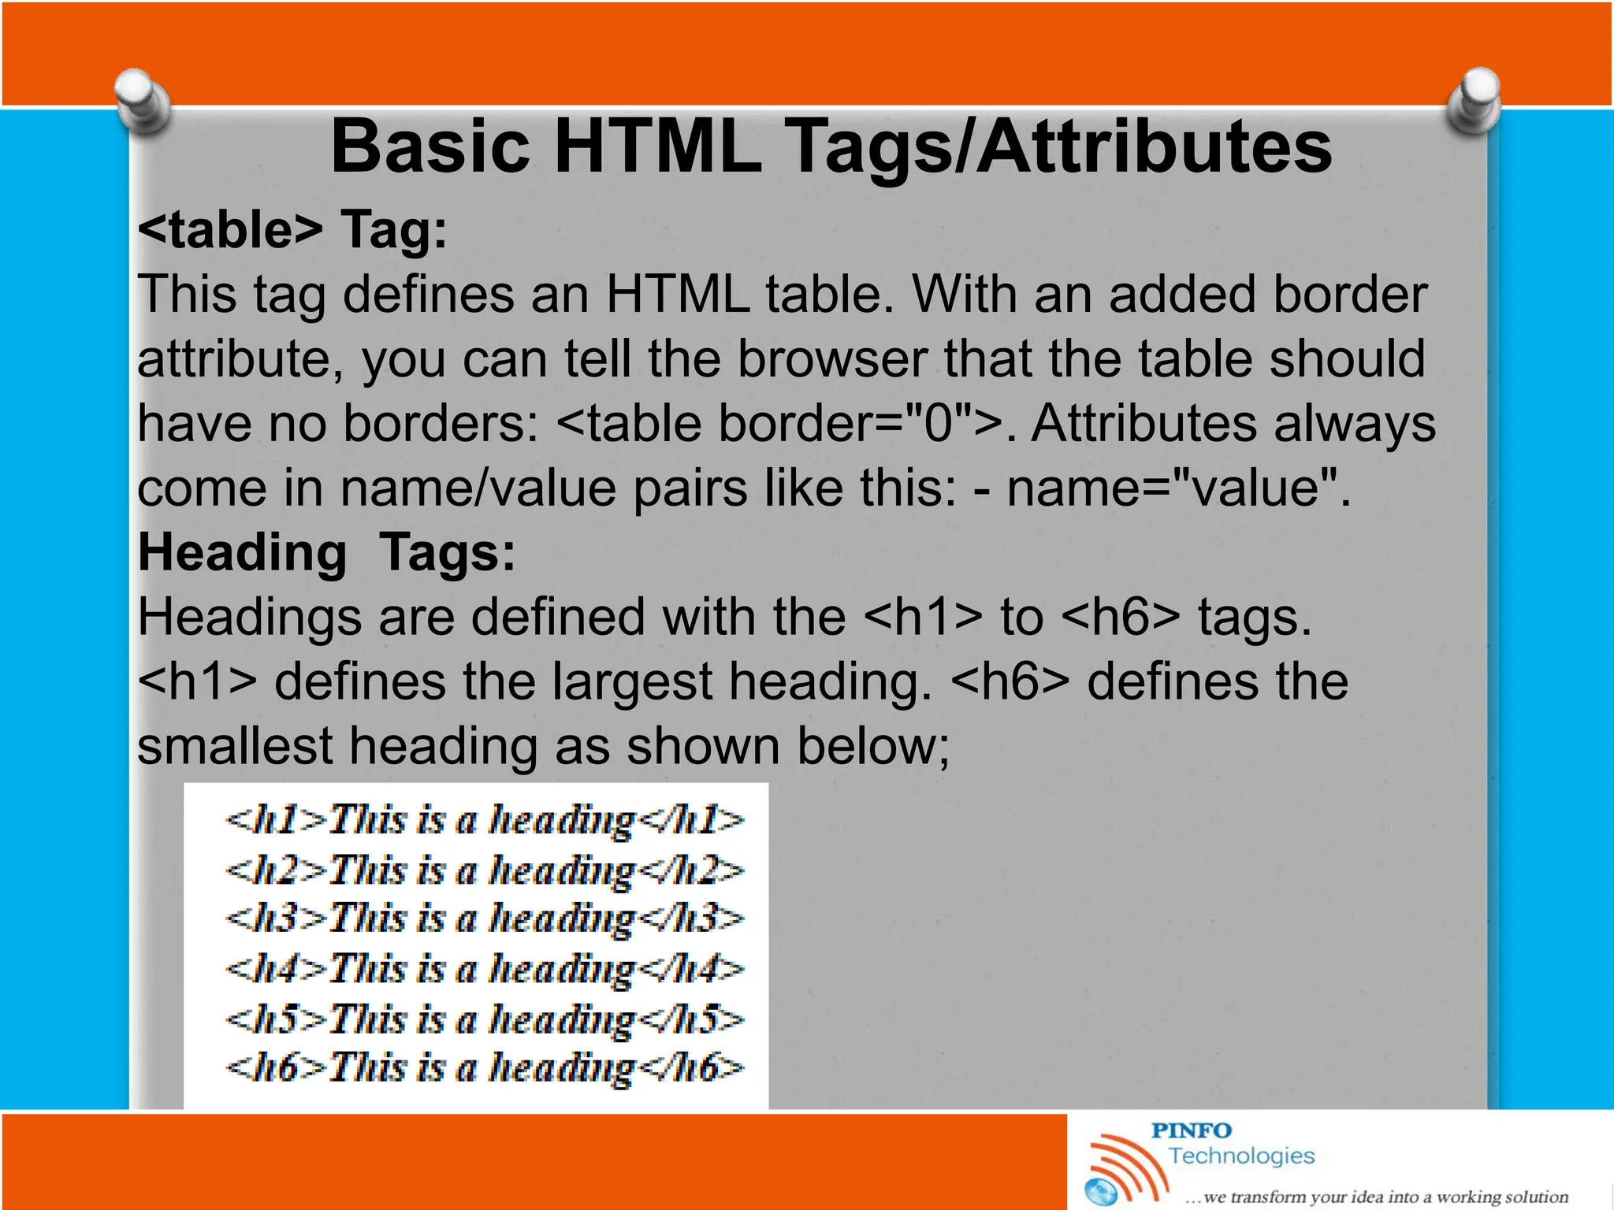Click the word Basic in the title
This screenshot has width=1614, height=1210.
430,147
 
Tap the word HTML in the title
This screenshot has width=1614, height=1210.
658,147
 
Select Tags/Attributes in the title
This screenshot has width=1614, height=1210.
1059,147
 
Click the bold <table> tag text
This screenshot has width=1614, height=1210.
230,230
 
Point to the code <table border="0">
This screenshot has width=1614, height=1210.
775,424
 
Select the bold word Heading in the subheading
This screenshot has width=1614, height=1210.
242,552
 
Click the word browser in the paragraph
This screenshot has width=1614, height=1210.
831,359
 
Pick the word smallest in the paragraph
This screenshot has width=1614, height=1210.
235,746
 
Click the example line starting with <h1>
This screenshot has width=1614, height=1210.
484,820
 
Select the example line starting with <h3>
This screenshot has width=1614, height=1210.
484,919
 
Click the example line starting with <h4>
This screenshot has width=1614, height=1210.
484,969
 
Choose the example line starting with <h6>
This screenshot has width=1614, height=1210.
484,1068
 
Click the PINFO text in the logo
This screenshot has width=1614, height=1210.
1191,1131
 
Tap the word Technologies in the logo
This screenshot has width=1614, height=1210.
1241,1156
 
